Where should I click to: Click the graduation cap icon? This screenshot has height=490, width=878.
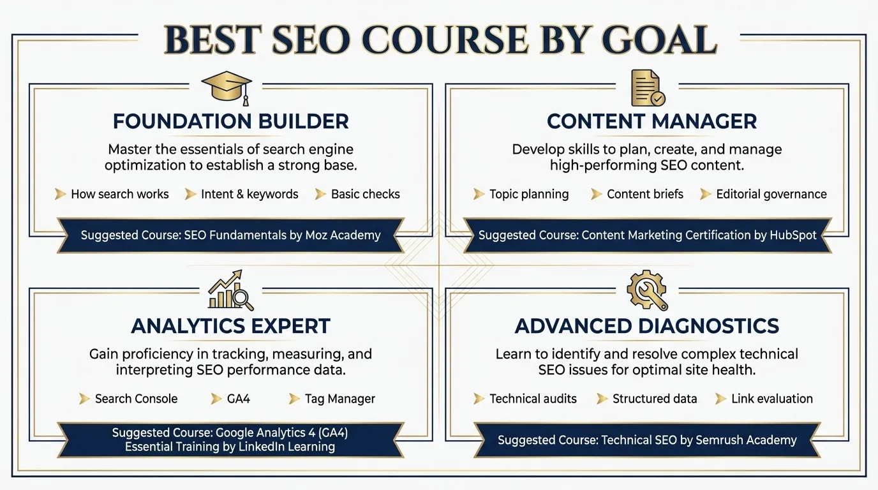pos(227,87)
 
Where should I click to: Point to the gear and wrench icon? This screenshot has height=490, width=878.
pos(647,290)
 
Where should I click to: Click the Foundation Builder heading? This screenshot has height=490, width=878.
pos(230,121)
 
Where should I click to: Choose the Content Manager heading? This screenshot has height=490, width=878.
pos(651,121)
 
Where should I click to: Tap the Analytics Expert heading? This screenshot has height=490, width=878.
pos(230,326)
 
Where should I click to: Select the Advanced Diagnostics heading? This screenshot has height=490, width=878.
pos(647,326)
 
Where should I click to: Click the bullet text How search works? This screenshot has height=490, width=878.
pos(120,195)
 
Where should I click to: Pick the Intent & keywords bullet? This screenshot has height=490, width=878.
pos(249,195)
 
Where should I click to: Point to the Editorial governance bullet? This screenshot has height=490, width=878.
pos(771,195)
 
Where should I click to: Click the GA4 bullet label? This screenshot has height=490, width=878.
pos(239,399)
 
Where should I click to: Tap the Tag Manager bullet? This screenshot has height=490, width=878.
pos(339,399)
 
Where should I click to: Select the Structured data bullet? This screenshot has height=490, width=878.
pos(655,399)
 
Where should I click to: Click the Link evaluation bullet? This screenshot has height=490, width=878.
pos(772,399)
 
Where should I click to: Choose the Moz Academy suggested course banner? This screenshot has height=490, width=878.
pos(230,235)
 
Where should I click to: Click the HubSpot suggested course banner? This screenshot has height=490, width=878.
pos(647,235)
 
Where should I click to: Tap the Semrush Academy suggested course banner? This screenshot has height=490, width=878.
pos(647,440)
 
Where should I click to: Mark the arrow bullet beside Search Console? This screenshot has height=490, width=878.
pos(84,399)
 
